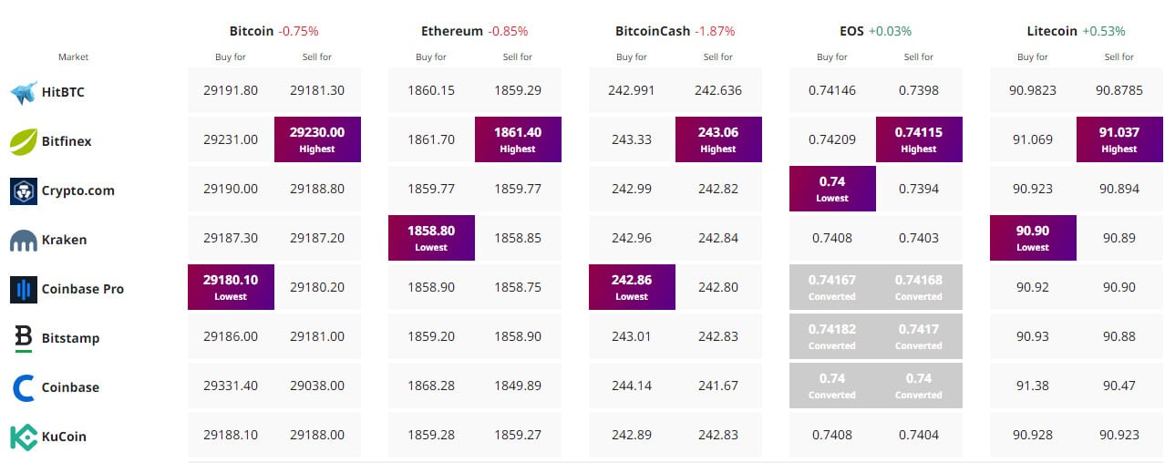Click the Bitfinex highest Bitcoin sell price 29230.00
click(x=317, y=139)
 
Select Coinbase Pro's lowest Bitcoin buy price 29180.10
click(x=231, y=287)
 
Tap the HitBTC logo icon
click(x=23, y=92)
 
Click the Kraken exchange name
click(x=64, y=240)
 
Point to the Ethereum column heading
click(x=451, y=31)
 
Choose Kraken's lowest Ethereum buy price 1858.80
click(x=431, y=238)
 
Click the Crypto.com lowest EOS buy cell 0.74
click(x=832, y=189)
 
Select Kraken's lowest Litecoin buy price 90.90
click(x=1033, y=238)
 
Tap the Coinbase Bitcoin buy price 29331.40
click(x=231, y=386)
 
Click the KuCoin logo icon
click(x=23, y=437)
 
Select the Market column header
click(x=73, y=57)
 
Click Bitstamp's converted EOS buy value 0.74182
click(x=832, y=336)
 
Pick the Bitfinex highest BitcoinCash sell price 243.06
click(x=718, y=139)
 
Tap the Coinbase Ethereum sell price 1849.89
click(x=518, y=386)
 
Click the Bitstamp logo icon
click(x=23, y=338)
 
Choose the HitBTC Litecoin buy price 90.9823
click(x=1033, y=91)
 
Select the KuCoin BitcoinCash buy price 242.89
click(x=632, y=436)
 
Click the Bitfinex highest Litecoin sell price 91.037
click(x=1119, y=139)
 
